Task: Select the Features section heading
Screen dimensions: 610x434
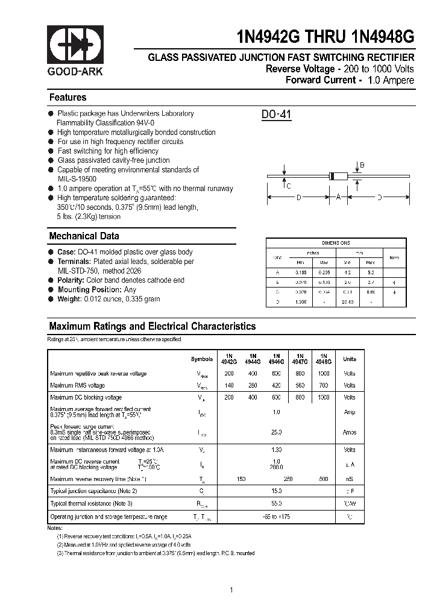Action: (68, 98)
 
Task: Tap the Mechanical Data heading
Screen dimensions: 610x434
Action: (84, 236)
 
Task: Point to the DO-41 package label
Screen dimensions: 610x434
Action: (277, 115)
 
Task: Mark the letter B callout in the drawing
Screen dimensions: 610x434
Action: (362, 165)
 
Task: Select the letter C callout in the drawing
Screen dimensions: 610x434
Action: (289, 186)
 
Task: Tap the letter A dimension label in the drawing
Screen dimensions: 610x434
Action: (338, 197)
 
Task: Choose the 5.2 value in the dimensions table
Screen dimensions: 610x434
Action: (370, 272)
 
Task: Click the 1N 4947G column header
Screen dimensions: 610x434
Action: (300, 359)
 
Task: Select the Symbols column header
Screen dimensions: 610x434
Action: (202, 359)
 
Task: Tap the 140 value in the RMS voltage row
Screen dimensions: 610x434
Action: (229, 385)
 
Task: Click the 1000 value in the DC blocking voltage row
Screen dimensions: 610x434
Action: (323, 398)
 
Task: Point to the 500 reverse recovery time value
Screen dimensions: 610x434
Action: (323, 479)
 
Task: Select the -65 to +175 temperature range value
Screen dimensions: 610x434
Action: (277, 517)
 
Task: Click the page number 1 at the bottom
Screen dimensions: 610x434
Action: (232, 590)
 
